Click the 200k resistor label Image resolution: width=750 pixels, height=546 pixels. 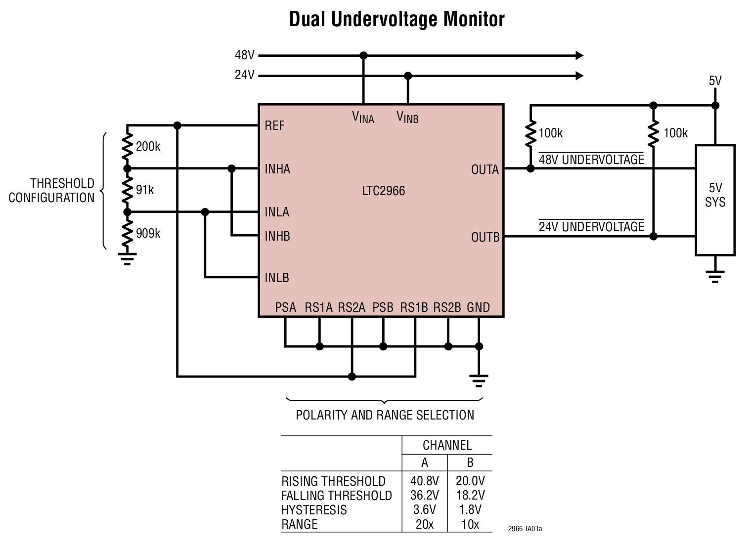coord(148,147)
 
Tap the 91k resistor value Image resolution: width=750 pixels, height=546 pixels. coord(145,190)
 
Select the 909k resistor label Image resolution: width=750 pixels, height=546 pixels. coord(148,233)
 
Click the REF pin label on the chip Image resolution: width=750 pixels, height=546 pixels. coord(274,126)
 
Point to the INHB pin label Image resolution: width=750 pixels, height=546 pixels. coord(277,236)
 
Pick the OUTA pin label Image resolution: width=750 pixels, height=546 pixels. coord(485,169)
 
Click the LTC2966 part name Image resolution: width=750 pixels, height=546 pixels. coord(383,191)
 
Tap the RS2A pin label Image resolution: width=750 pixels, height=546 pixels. coord(352,307)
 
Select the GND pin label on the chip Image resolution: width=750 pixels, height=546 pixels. coord(478,307)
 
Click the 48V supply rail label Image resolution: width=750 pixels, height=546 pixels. coord(244,55)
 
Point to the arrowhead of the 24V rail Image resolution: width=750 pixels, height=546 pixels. coord(579,76)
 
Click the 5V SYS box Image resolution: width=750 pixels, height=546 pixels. coord(715,200)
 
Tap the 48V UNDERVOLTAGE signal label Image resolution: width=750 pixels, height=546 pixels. coord(591,160)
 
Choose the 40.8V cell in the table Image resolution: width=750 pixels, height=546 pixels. coord(424,481)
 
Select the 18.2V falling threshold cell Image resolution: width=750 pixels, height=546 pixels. coord(470,495)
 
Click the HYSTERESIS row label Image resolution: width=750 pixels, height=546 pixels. coord(314,509)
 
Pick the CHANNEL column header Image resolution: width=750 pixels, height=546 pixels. coord(447,445)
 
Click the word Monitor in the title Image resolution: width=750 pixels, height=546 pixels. coord(474,19)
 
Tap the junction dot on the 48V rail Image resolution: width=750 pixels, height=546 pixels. coord(363,55)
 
